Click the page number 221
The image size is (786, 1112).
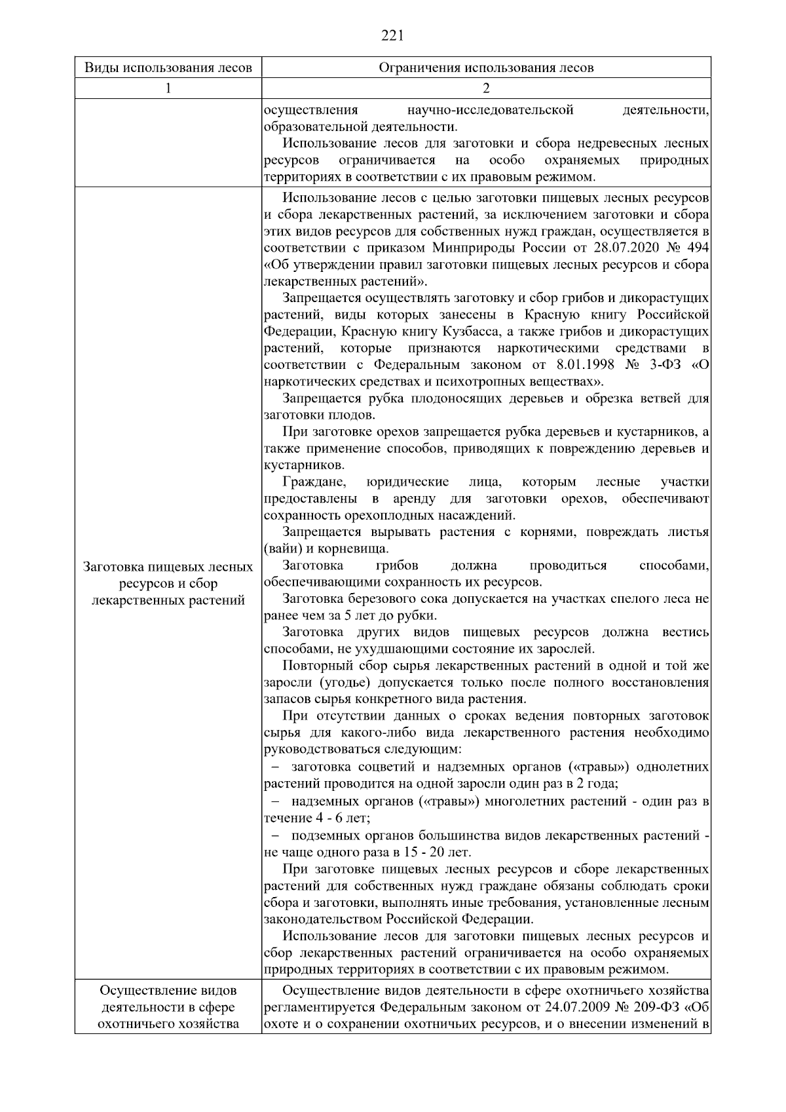(x=392, y=35)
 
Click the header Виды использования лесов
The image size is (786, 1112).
(x=168, y=68)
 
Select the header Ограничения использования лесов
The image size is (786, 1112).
(x=486, y=68)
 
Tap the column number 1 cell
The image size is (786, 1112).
(x=168, y=88)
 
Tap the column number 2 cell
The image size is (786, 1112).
(x=486, y=88)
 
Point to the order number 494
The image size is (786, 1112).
(x=695, y=248)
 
